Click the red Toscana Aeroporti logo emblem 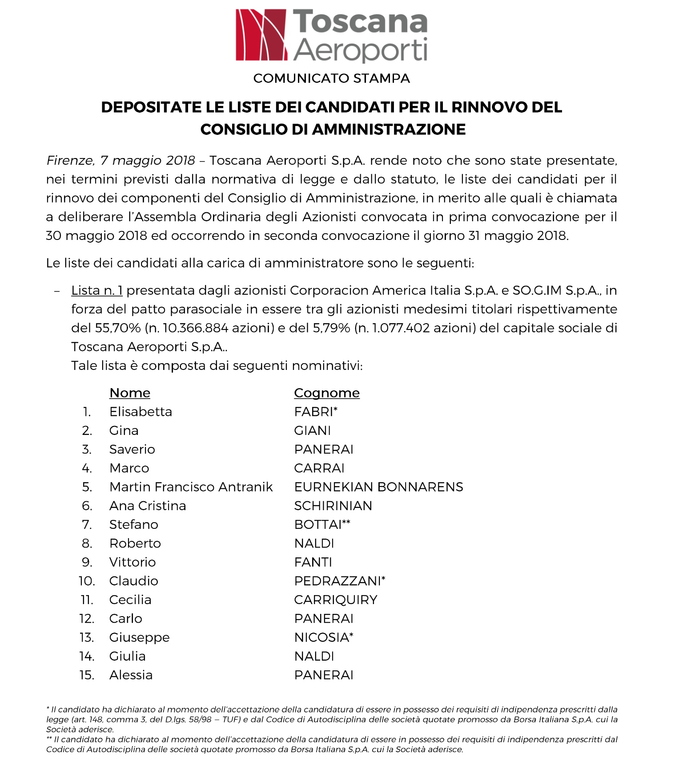coord(261,35)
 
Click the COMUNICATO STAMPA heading coord(331,78)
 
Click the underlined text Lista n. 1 coord(96,291)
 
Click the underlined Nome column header coord(130,393)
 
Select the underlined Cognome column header coord(327,393)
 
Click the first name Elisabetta coord(141,412)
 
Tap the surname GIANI coord(313,430)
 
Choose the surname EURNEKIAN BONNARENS coord(378,487)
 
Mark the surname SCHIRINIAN coord(333,506)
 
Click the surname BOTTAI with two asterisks coord(322,524)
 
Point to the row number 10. coord(87,581)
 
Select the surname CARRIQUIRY coord(336,600)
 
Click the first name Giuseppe coord(139,637)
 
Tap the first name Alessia coord(131,675)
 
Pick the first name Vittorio coord(133,562)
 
